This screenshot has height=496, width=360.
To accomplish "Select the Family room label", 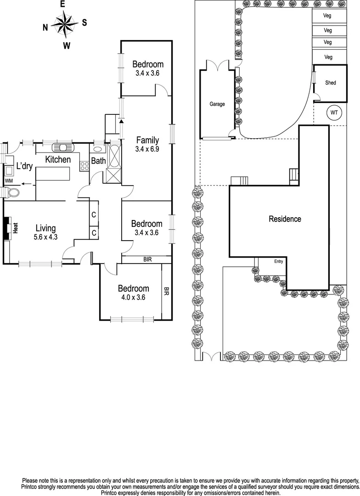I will (147, 141).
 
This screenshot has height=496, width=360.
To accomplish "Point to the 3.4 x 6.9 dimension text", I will (147, 149).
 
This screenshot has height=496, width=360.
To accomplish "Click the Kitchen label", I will (57, 159).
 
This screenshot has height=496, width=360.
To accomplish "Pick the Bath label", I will (98, 161).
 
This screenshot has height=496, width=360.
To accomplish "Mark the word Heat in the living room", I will (15, 228).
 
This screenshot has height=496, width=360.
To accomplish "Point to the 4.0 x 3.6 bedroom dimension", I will (133, 297).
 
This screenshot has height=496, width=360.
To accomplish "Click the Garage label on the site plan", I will (217, 104).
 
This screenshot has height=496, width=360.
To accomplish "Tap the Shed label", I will (330, 83).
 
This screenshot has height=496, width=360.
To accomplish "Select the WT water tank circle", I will (334, 112).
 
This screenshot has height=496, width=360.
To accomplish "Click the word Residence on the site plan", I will (285, 219).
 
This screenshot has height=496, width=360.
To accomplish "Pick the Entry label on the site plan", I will (279, 262).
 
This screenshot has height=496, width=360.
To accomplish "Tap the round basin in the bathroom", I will (98, 149).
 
